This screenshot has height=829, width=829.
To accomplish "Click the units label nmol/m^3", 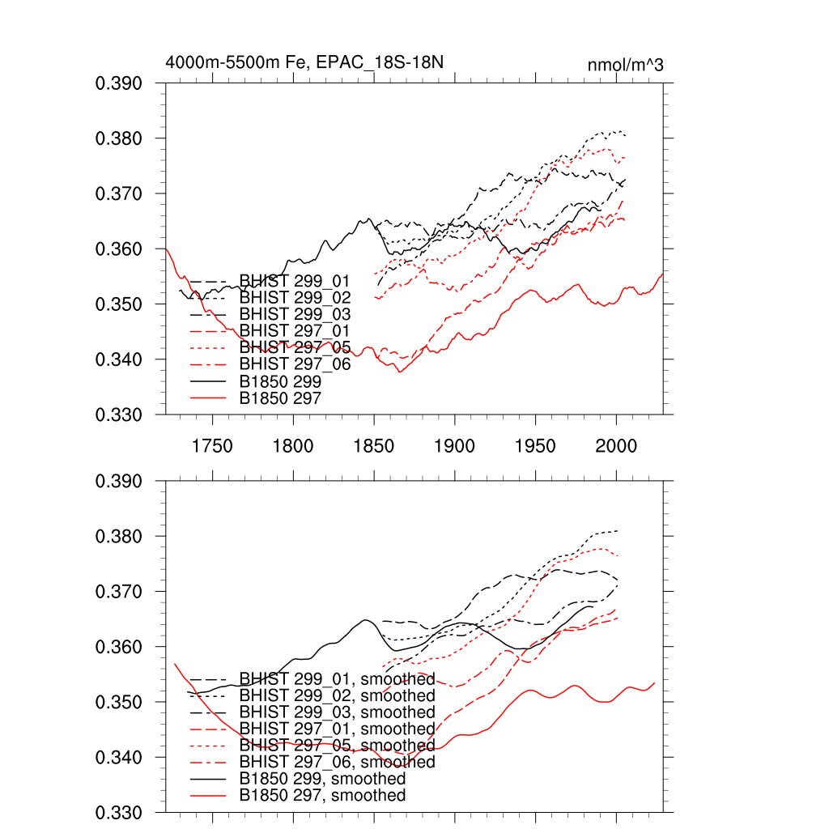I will pos(625,65).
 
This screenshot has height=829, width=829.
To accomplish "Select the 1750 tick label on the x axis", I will pos(212,446).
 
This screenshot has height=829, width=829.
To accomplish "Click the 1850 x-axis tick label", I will pos(374,446).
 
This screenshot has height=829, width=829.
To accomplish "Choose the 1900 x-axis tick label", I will pos(455,446).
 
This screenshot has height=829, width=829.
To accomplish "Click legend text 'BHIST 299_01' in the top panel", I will pos(288,281).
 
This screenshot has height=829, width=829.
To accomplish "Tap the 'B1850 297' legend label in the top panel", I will pos(280,397).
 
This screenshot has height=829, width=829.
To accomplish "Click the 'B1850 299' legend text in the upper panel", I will pos(280,380).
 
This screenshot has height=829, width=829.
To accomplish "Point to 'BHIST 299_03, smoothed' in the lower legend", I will pos(337,712).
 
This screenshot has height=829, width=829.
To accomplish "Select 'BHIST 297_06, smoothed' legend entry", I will pos(337,763).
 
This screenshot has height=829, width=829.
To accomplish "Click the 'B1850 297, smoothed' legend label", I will pos(322,796).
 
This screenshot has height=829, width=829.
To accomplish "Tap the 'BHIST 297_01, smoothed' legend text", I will pos(337,729).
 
